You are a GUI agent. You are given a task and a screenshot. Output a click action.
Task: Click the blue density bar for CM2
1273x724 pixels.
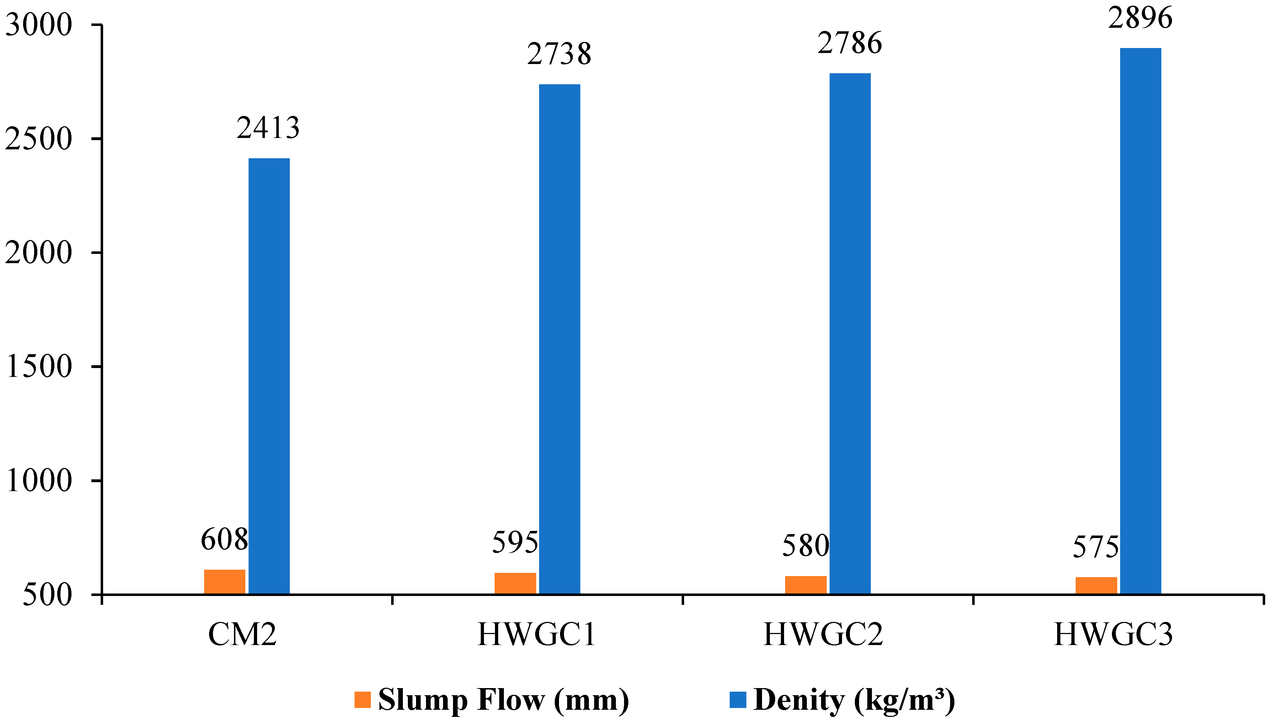(269, 376)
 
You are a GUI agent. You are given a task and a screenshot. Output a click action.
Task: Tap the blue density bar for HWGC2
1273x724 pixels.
(849, 333)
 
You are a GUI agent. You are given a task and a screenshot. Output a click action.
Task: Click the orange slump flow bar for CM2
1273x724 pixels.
(225, 581)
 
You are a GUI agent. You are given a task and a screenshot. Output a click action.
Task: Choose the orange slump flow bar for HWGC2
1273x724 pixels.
(805, 585)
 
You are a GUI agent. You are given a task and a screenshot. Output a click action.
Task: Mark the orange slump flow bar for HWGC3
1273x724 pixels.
(1096, 585)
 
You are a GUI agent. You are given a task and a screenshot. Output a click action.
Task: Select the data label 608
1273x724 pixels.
(224, 539)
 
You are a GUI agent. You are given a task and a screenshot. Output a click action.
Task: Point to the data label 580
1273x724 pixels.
(805, 546)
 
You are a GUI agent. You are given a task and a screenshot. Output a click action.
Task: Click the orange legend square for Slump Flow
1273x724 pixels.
(362, 699)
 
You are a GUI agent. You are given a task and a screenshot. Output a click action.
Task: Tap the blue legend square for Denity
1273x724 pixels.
(737, 699)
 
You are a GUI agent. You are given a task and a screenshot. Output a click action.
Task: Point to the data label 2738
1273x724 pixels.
(559, 54)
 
